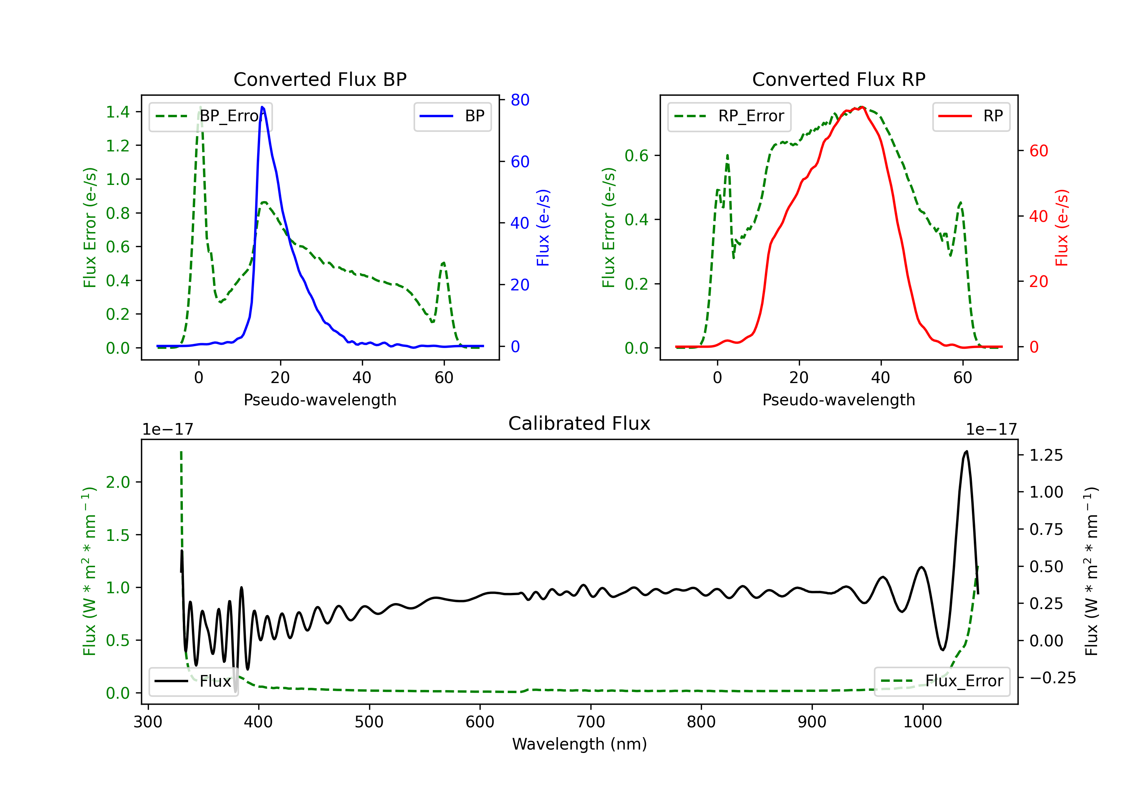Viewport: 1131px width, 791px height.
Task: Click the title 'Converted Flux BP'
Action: tap(320, 79)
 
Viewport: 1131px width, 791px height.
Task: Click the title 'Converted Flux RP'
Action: tap(838, 79)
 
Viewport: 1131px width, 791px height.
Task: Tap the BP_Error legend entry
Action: tap(211, 116)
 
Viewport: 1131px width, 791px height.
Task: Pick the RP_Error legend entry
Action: tap(729, 116)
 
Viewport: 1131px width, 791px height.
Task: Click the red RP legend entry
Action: tap(971, 116)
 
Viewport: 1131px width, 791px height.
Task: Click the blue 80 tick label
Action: tap(520, 100)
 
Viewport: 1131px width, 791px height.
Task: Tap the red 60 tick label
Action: tap(1038, 151)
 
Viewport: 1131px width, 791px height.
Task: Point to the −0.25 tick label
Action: tap(1052, 678)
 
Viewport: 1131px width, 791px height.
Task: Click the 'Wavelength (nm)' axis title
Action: tap(579, 744)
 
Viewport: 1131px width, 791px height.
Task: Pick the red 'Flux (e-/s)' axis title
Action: tap(1062, 228)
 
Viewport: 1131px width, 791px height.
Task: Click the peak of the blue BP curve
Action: tap(262, 107)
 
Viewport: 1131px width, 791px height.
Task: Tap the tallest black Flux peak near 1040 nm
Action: tap(966, 451)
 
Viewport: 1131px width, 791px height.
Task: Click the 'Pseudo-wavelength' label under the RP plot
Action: tap(838, 400)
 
